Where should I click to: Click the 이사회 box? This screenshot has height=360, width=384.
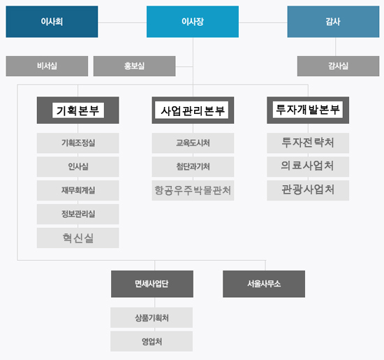point(52,22)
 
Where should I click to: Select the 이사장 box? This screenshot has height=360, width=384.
point(193,22)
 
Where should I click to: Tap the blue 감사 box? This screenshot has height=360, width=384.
point(333,22)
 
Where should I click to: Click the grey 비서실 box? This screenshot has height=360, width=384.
point(47,66)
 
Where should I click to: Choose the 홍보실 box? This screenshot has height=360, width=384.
point(135,66)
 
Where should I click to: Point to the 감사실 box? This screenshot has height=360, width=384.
point(338,66)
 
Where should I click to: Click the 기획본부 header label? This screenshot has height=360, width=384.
point(78,110)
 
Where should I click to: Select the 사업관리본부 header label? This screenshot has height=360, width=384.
point(193,110)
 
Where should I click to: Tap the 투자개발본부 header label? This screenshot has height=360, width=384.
point(308,110)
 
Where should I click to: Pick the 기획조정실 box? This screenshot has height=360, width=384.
point(78,143)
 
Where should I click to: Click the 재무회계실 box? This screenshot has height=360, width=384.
point(78,191)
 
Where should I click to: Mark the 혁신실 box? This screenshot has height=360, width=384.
point(78,238)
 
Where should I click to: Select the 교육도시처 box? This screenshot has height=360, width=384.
point(193,143)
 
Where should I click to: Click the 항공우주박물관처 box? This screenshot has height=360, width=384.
point(193,191)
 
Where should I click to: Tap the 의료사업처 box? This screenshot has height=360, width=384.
point(308,167)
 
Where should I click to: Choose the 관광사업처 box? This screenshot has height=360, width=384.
point(308,191)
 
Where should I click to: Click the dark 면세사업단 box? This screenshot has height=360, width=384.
point(152,284)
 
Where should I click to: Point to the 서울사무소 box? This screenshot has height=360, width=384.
point(264,284)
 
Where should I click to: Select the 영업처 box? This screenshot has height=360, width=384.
point(152,341)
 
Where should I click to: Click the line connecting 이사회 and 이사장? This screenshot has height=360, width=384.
point(122,22)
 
